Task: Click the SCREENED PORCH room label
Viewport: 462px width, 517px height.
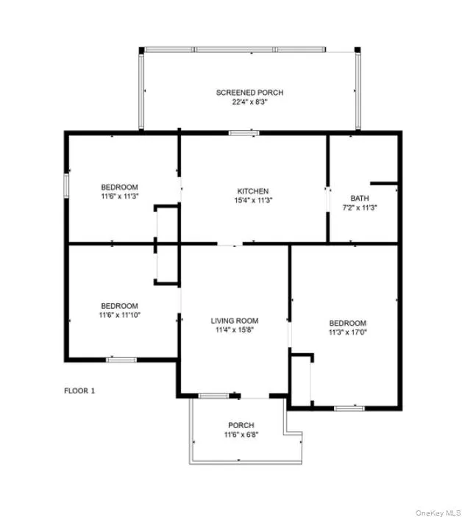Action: click(249, 93)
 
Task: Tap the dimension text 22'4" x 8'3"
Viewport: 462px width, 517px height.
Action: click(249, 102)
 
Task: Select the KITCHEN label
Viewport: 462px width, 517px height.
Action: click(252, 191)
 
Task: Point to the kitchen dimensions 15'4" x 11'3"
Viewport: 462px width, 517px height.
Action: click(252, 201)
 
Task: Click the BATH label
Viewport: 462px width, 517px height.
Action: click(359, 199)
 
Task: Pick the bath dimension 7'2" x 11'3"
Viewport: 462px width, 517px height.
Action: click(359, 208)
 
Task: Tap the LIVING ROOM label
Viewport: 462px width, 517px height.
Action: click(235, 321)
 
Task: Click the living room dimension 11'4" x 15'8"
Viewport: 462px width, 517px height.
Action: click(235, 330)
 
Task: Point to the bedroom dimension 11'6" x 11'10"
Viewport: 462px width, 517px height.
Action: click(119, 315)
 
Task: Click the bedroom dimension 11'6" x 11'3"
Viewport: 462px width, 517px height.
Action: click(119, 196)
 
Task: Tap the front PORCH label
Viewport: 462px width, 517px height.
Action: click(241, 425)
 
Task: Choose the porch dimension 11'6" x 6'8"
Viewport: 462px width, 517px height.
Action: click(241, 435)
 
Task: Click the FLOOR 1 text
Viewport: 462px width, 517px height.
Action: click(79, 391)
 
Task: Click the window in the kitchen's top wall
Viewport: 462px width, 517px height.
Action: click(243, 133)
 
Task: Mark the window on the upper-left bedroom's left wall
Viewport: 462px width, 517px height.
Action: click(66, 185)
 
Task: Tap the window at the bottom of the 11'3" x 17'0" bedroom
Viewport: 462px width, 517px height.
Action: click(349, 407)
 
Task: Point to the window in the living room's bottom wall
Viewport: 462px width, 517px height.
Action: click(213, 396)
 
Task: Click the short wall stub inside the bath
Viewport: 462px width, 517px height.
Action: click(384, 182)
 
